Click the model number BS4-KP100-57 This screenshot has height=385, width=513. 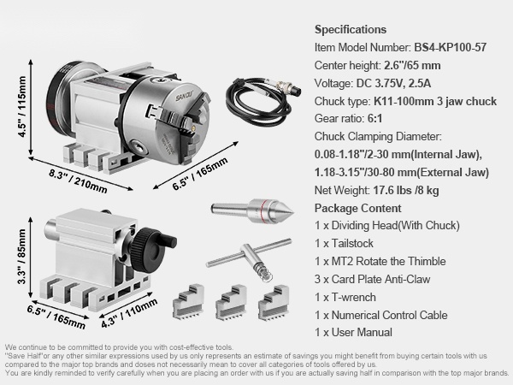[x=451, y=47]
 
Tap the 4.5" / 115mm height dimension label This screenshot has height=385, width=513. [x=21, y=107]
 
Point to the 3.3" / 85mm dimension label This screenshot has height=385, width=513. [x=21, y=257]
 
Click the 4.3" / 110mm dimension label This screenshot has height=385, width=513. [x=129, y=313]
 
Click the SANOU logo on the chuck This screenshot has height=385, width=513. [x=185, y=96]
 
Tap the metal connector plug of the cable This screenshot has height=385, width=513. [x=287, y=87]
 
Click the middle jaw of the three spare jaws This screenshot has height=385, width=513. [x=232, y=302]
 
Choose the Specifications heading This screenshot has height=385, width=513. [x=351, y=29]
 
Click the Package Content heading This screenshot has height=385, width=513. [x=357, y=208]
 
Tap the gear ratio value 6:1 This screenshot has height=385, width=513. [x=374, y=119]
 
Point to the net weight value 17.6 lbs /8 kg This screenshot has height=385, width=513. [x=405, y=190]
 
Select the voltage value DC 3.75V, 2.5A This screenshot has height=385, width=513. [x=393, y=84]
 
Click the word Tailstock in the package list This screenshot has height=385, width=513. [x=352, y=243]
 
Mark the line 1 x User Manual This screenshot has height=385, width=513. [x=353, y=332]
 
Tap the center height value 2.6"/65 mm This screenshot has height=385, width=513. [x=412, y=66]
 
